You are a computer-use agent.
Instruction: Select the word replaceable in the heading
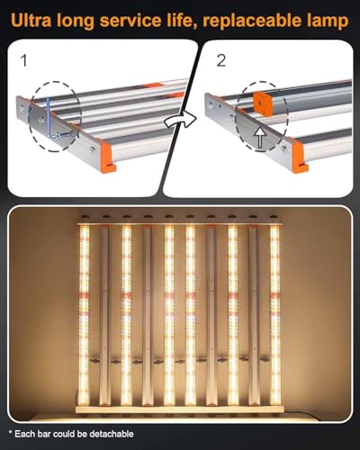pos(252,22)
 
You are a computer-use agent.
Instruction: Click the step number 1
pos(24,60)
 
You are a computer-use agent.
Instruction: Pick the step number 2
pos(221,60)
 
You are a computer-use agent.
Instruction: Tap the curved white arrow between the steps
pos(180,121)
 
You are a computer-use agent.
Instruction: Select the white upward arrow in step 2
pos(261,137)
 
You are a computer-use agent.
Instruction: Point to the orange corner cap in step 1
pos(108,157)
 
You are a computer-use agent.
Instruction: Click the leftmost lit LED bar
pos(85,314)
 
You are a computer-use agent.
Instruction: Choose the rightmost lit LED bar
pos(274,314)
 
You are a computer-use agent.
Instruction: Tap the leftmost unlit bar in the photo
pos(104,314)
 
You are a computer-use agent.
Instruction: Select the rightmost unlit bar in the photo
pos(253,314)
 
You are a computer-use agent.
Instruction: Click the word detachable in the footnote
pos(112,434)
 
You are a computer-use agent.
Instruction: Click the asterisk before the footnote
pos(11,433)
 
